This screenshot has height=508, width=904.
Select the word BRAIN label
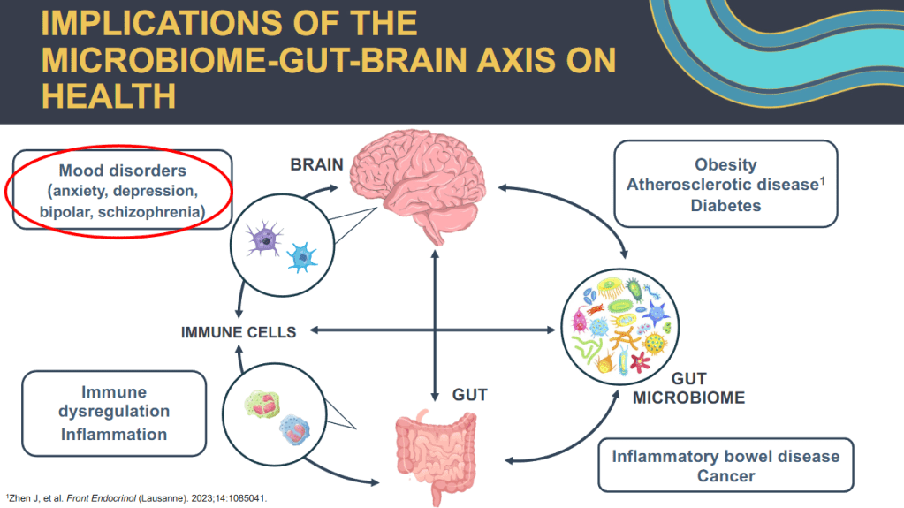(x=317, y=165)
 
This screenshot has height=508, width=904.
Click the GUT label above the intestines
(x=470, y=394)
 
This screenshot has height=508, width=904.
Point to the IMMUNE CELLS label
(x=239, y=332)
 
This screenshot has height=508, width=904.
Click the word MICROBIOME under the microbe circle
(x=688, y=398)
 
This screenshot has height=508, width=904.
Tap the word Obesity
(x=725, y=164)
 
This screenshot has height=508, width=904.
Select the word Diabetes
(x=725, y=205)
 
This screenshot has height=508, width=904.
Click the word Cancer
(x=726, y=476)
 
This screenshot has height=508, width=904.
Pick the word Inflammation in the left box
(x=113, y=434)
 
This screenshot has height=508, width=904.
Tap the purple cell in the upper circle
(x=264, y=239)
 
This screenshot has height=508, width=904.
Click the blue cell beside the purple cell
(x=302, y=255)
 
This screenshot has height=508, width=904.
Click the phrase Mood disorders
(x=122, y=170)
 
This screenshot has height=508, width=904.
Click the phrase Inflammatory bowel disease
(x=725, y=456)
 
